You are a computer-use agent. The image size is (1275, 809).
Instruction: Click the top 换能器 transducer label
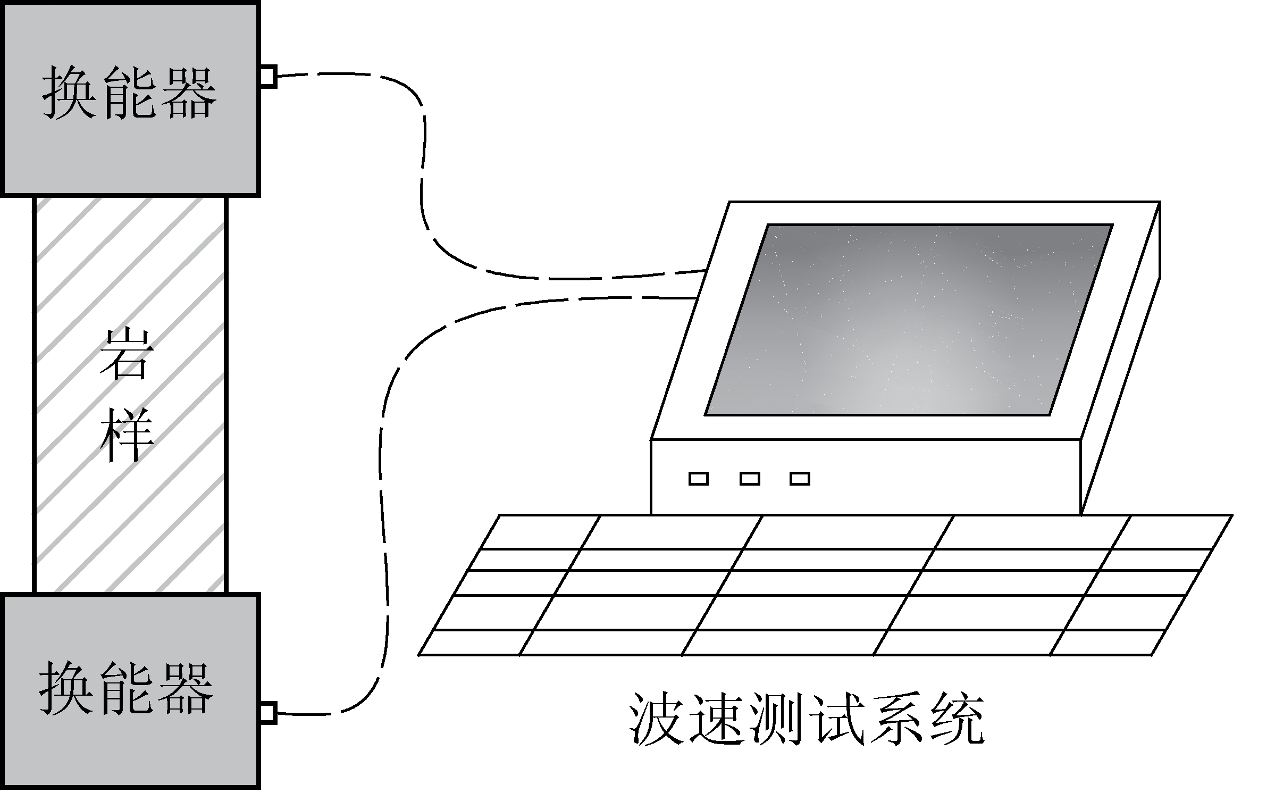click(x=129, y=93)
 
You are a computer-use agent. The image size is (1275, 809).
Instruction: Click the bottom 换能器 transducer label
click(x=127, y=688)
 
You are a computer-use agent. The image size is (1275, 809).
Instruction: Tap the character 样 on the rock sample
click(x=127, y=435)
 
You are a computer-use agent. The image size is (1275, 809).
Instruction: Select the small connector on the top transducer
click(x=269, y=76)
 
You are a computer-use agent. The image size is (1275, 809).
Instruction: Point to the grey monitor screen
click(x=909, y=320)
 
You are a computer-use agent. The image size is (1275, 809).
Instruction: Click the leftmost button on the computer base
click(x=699, y=479)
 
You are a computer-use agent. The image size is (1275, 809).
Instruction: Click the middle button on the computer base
click(x=750, y=479)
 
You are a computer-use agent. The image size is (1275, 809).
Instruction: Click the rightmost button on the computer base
click(x=800, y=479)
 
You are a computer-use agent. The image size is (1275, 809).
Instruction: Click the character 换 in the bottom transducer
click(x=66, y=688)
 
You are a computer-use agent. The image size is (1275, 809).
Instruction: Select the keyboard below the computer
click(x=825, y=585)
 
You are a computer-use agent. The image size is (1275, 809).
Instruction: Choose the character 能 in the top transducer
click(x=129, y=93)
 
